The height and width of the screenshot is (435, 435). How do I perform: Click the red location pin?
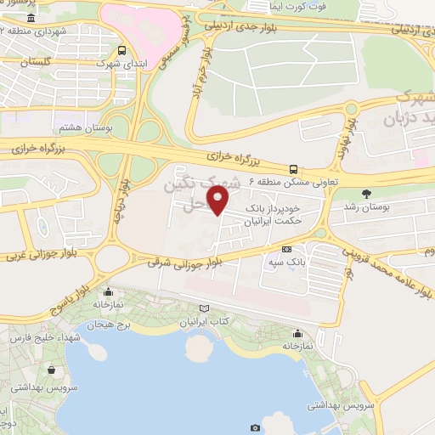point(219,201)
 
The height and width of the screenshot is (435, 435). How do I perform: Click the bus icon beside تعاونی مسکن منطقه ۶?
point(293,168)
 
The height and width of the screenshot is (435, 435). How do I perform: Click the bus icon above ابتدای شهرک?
point(121,49)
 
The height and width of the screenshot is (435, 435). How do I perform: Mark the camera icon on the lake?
point(256,427)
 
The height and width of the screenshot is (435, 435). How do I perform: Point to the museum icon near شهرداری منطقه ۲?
point(31,18)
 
